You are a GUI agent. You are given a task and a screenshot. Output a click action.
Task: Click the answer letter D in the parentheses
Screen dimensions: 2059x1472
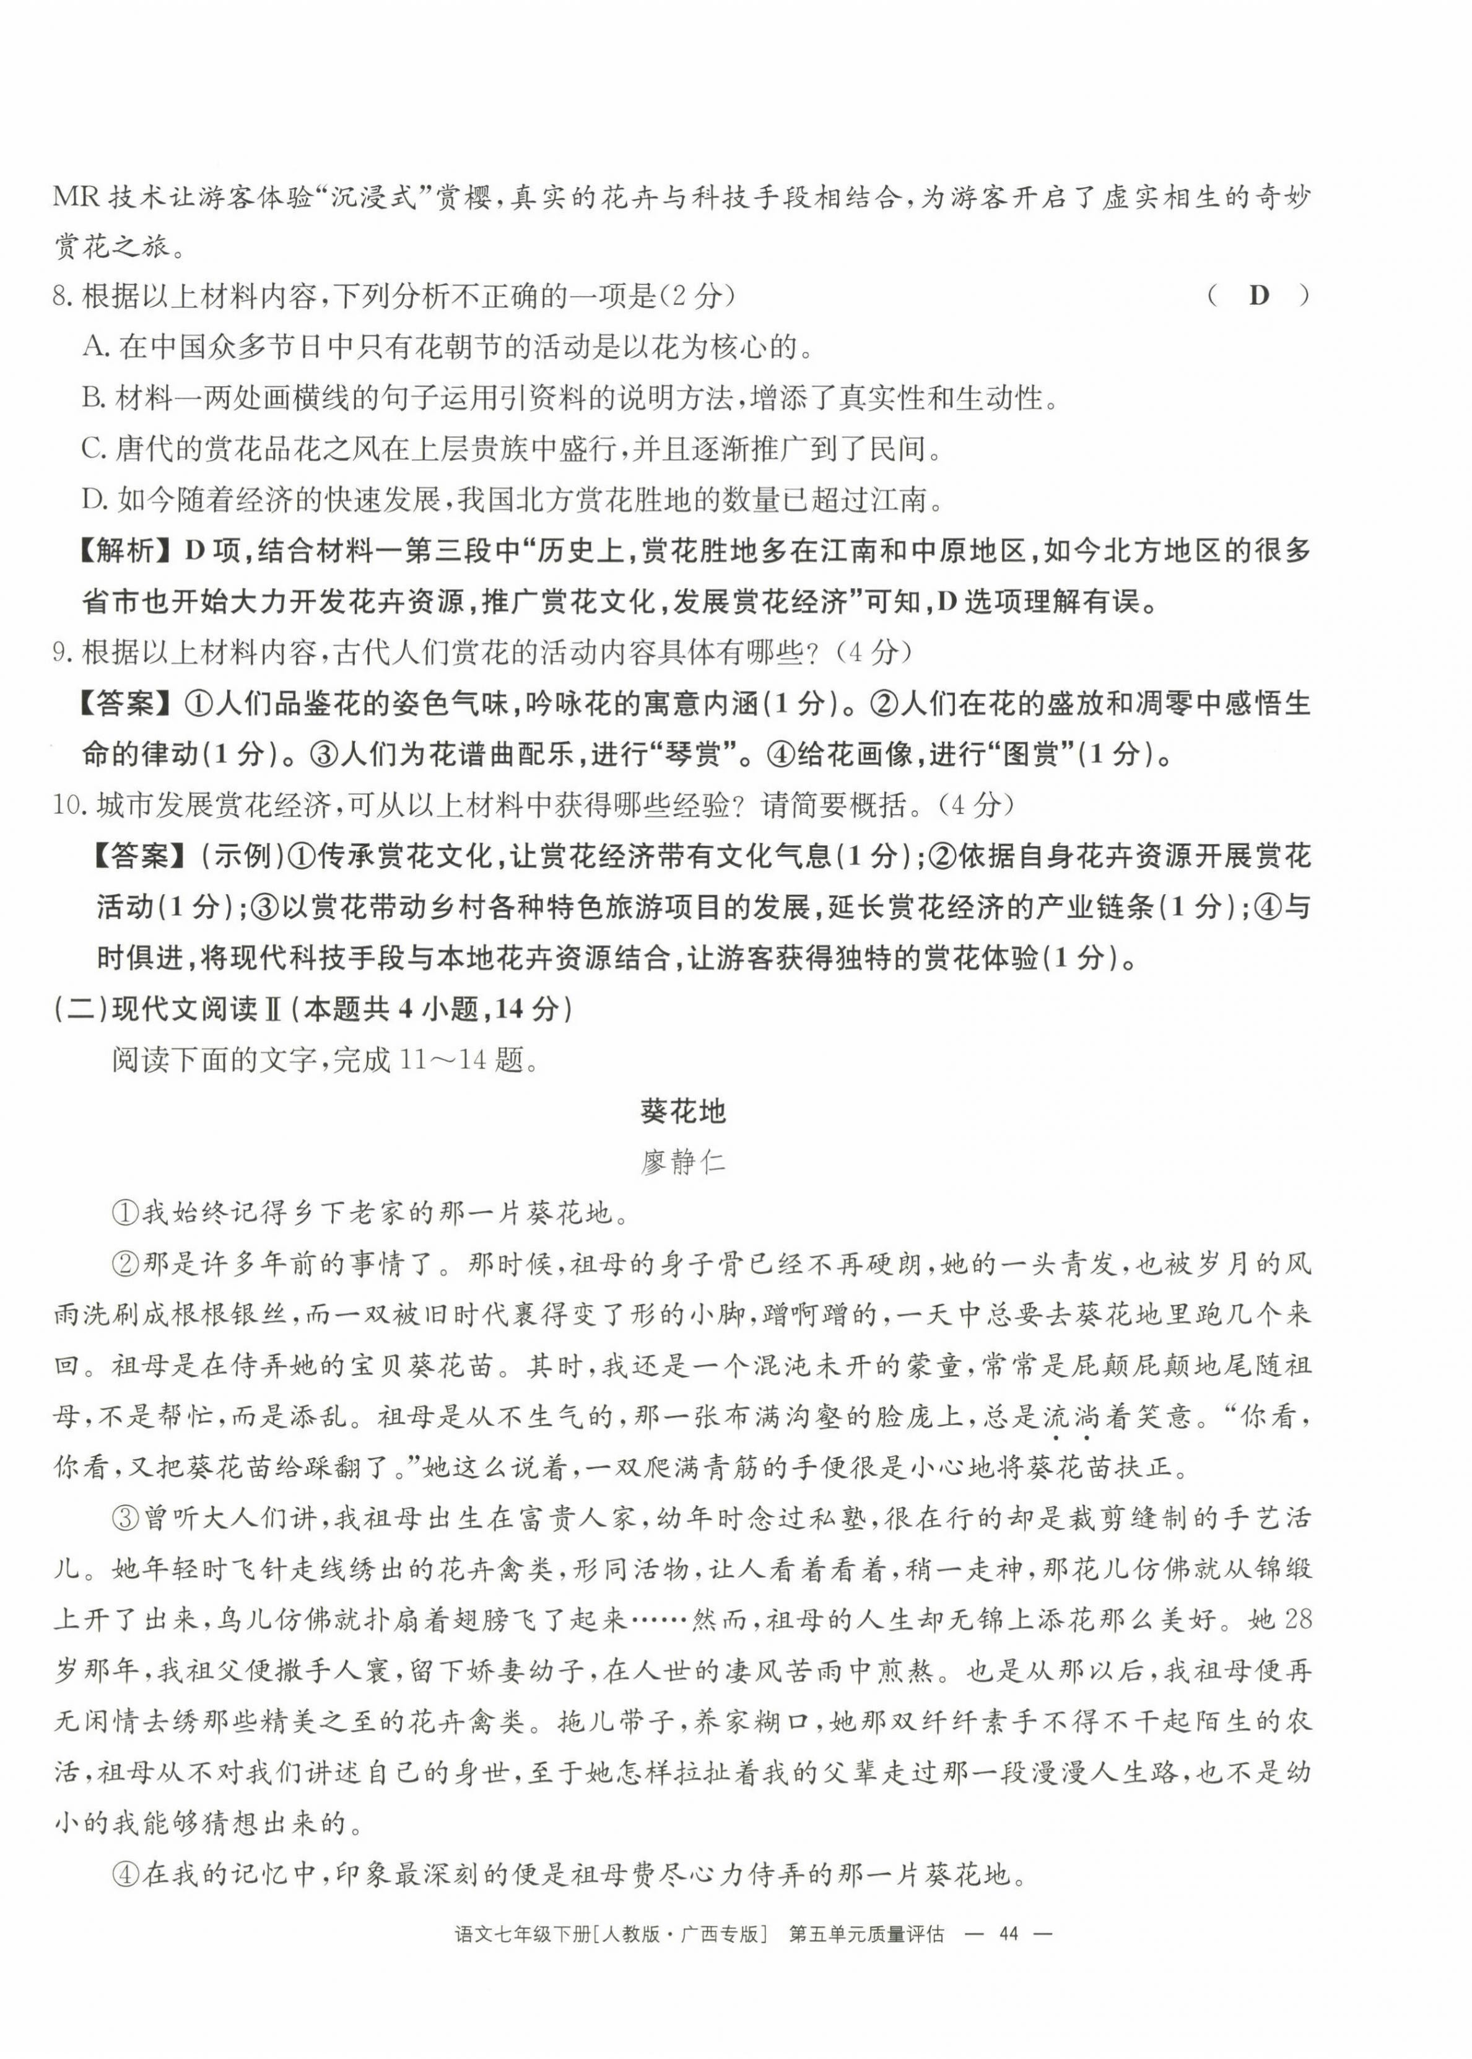point(1258,296)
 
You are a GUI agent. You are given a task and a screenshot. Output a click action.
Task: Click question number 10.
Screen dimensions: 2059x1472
point(71,804)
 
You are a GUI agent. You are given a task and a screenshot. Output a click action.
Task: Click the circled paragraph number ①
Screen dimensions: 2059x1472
point(124,1213)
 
